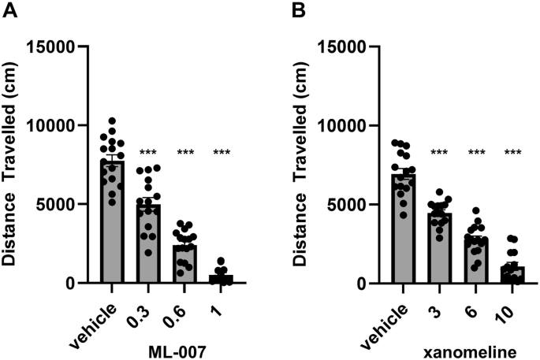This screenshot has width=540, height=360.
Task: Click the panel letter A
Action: tap(9, 11)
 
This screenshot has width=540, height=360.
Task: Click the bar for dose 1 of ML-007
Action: tap(220, 279)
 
